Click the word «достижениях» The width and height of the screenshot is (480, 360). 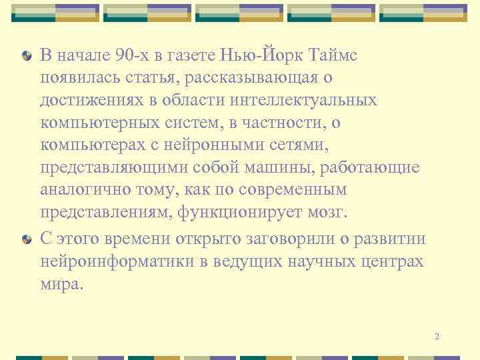click(87, 101)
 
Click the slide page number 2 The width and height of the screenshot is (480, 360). click(437, 337)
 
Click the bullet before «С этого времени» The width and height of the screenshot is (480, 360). click(26, 239)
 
